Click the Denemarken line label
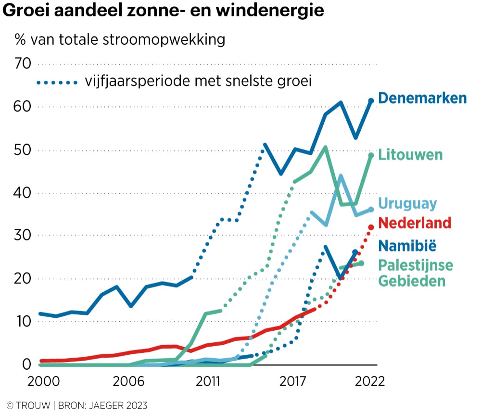click(x=422, y=98)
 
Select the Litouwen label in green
click(x=410, y=155)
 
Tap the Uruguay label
click(x=407, y=203)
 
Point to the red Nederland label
click(x=415, y=223)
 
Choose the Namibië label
click(x=407, y=246)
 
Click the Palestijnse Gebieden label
click(x=416, y=273)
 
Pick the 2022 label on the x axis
click(x=369, y=382)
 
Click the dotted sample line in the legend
click(x=57, y=83)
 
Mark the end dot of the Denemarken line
click(x=371, y=101)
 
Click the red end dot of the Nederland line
click(x=371, y=227)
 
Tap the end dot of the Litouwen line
click(x=371, y=155)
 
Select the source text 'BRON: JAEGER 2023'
click(x=103, y=405)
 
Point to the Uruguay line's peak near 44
click(x=341, y=176)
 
